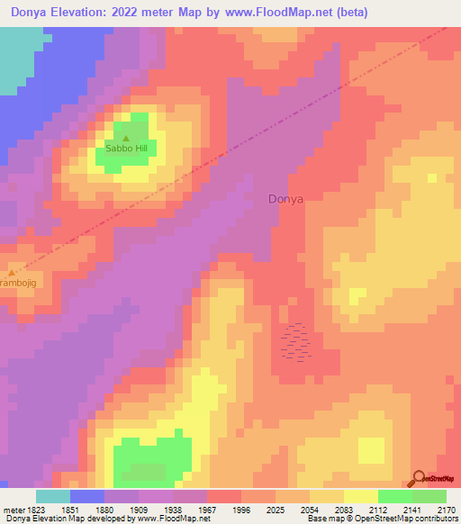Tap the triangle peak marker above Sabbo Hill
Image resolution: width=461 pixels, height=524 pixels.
pos(126,138)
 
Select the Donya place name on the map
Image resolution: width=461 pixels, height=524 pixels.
pos(286,199)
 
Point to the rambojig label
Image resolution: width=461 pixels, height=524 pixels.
pos(17,284)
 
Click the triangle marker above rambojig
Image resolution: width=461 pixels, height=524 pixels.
pos(11,272)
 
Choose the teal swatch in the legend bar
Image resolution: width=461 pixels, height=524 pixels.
pos(53,496)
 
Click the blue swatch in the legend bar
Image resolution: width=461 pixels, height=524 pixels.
pos(87,496)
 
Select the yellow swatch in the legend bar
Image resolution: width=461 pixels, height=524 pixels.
pos(360,496)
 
